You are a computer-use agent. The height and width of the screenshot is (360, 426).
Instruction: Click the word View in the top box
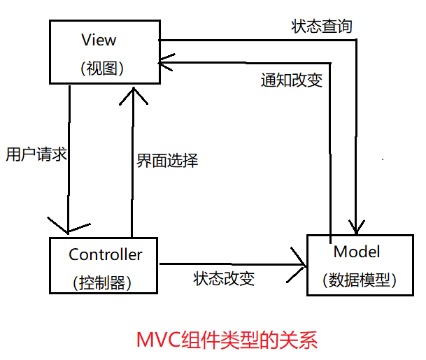click(x=99, y=40)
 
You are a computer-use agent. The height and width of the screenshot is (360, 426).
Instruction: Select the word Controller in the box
click(x=105, y=254)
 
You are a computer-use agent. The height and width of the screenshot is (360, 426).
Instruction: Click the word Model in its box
click(x=357, y=252)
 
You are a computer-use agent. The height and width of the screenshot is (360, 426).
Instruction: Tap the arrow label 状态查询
click(x=322, y=27)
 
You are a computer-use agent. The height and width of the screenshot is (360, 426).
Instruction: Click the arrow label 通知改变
click(x=292, y=80)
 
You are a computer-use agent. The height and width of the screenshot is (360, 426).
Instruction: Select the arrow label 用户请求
click(x=36, y=154)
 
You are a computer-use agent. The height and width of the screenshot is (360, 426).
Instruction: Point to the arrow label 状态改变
click(x=224, y=278)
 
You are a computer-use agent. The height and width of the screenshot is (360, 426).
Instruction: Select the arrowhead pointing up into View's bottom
click(x=131, y=93)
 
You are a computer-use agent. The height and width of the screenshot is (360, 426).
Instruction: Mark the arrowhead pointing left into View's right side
click(x=168, y=62)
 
